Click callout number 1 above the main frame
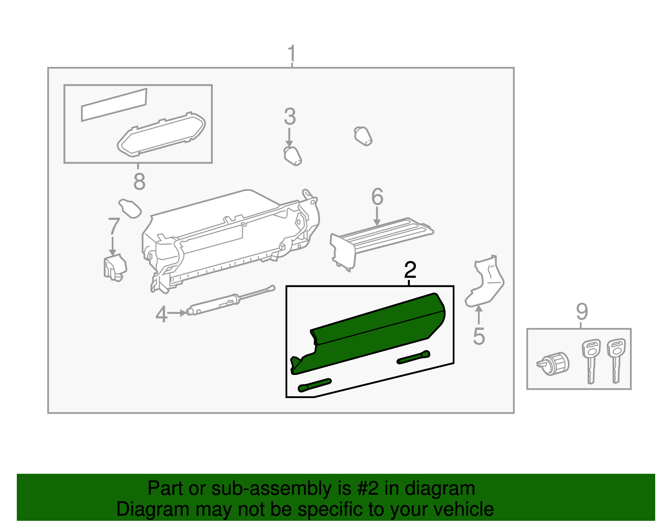point(291,55)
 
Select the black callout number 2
point(410,270)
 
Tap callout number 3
point(290,117)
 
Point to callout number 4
point(161,314)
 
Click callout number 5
point(479,336)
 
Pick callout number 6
point(377,197)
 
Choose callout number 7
point(114,226)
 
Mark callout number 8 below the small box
point(139,182)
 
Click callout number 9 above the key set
point(582,311)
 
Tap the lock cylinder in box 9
point(554,364)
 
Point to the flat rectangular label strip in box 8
point(114,104)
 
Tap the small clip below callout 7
point(115,267)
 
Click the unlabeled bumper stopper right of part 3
point(363,136)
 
